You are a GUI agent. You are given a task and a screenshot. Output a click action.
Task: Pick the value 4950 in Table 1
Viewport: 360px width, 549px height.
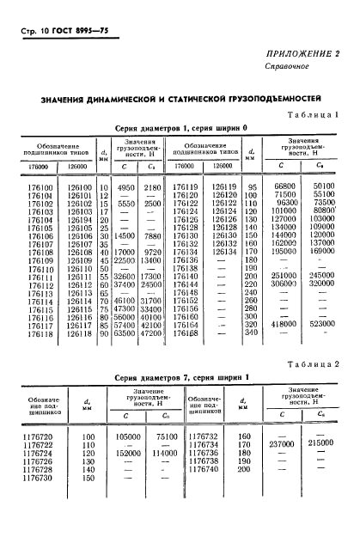(126, 186)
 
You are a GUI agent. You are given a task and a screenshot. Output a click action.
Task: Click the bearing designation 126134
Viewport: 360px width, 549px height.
(223, 251)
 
